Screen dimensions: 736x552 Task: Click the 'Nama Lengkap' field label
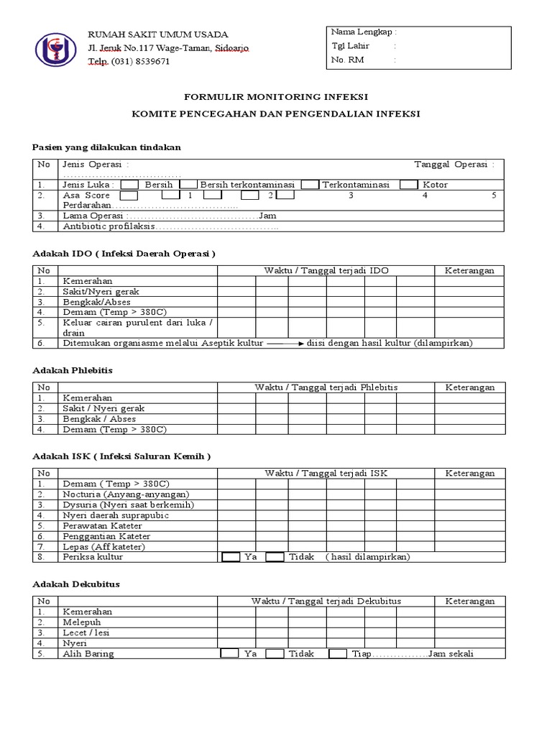pos(364,32)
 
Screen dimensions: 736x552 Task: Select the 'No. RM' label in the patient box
pos(348,60)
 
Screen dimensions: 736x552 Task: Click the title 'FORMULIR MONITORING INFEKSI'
pos(275,96)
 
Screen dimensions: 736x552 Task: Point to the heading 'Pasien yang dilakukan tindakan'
pos(106,147)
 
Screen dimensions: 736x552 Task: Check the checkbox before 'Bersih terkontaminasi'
pos(188,185)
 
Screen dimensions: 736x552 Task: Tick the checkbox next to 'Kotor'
pos(408,185)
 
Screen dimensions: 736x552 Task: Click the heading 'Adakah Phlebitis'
pos(73,370)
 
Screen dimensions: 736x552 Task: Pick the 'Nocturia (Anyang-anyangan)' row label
pos(125,494)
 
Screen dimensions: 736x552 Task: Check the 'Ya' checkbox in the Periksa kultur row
pos(230,557)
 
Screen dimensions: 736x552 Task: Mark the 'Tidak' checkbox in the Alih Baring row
pos(275,654)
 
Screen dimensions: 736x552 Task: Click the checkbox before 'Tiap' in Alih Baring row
pos(338,654)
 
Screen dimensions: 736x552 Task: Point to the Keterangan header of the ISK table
pos(470,474)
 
